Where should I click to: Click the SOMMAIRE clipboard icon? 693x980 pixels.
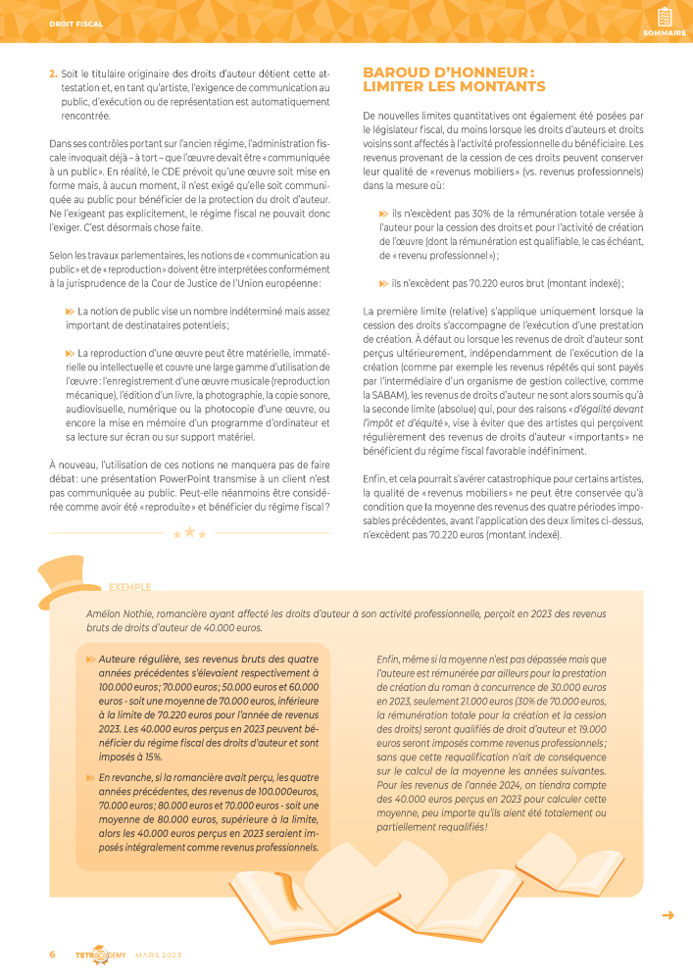665,17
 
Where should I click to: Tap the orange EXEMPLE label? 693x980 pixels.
130,587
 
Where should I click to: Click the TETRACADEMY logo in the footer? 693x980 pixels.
101,954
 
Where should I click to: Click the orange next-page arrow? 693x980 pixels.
668,915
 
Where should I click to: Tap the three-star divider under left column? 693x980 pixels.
190,533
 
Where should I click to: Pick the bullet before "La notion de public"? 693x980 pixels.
70,311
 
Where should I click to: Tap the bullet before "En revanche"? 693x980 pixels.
91,778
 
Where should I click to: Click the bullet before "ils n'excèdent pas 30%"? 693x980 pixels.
383,213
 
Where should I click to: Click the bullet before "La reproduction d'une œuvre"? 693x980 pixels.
70,353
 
